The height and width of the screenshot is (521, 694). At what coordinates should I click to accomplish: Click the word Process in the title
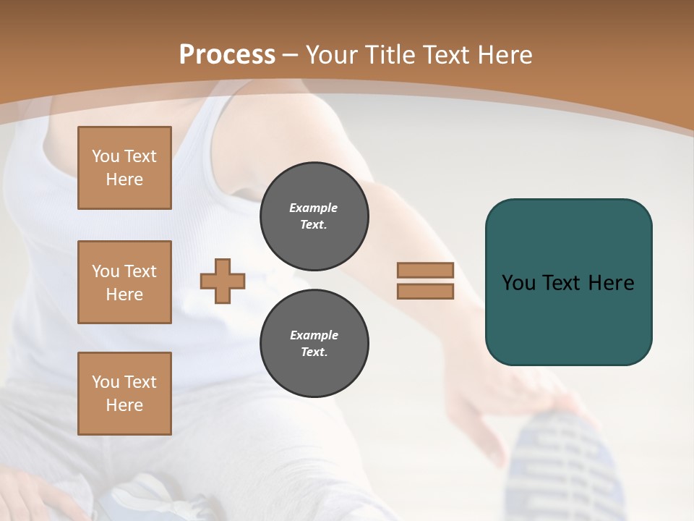(227, 54)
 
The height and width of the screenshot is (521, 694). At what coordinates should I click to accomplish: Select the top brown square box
(124, 168)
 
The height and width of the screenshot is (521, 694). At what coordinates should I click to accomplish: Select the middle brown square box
(124, 282)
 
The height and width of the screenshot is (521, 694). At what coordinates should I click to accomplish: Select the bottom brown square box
(124, 393)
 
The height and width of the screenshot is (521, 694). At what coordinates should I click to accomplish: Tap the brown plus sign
(223, 281)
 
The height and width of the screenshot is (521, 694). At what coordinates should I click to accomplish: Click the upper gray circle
(314, 216)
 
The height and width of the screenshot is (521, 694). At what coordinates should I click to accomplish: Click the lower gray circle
(314, 344)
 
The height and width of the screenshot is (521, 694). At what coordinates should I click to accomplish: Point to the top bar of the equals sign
(425, 270)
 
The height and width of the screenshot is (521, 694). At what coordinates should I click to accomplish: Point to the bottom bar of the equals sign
(425, 292)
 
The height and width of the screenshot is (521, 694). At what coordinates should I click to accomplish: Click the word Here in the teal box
(611, 283)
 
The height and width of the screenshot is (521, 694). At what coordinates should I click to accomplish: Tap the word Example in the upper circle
(314, 208)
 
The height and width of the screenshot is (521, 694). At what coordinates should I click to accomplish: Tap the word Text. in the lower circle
(314, 352)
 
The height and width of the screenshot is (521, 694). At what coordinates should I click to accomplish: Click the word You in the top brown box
(106, 156)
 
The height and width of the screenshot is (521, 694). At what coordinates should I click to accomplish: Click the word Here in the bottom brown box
(124, 405)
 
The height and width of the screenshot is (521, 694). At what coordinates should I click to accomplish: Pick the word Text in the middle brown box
(140, 271)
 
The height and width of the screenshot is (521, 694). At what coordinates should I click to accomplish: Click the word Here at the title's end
(505, 54)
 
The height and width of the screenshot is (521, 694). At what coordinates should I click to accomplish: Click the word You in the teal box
(518, 283)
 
